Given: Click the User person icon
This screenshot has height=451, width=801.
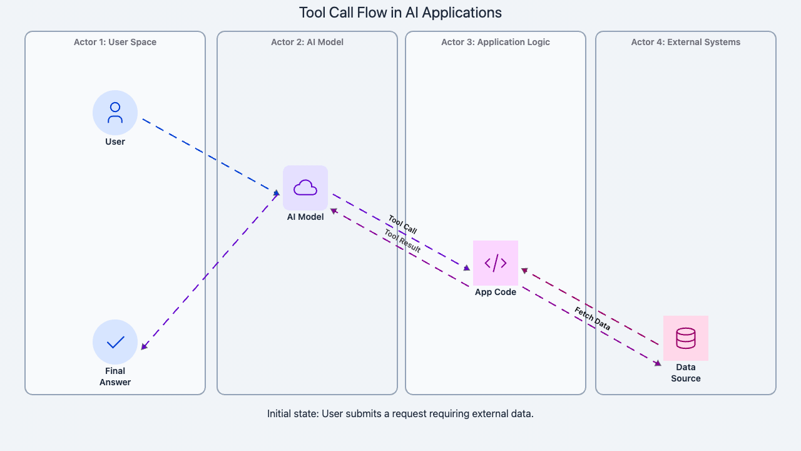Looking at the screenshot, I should pos(115,113).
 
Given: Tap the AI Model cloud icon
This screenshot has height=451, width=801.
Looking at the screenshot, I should pos(305,188).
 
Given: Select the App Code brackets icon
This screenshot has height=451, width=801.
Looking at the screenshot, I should pos(496,263).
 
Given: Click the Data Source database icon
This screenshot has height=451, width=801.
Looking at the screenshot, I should pos(686,338).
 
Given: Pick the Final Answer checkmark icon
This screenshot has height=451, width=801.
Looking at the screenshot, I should pos(115,342).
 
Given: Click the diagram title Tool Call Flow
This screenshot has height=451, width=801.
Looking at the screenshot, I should pos(400,13).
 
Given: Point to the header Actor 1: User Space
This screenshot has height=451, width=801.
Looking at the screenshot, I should pos(115,42).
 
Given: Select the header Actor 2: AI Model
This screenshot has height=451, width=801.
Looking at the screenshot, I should pos(307,42).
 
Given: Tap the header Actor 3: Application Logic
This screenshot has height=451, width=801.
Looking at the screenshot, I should pos(496,42).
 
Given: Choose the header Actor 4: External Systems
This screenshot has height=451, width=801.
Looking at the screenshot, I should pos(686,42).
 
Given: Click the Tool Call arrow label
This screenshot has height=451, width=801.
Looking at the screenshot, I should pos(402,224).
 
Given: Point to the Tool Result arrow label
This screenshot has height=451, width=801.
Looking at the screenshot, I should pos(402,241).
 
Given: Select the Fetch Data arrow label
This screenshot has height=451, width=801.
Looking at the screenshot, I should pos(592,319).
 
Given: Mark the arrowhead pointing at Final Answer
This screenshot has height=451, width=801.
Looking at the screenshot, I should pos(145,346).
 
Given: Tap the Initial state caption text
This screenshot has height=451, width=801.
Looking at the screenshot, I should pos(400,413).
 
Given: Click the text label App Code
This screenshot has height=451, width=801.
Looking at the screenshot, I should pos(496,292).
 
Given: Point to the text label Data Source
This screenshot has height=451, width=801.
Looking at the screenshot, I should pos(686,373).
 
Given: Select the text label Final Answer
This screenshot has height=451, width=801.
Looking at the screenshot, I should pos(115,376).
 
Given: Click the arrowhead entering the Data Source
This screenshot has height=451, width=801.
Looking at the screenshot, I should pos(658,363).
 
